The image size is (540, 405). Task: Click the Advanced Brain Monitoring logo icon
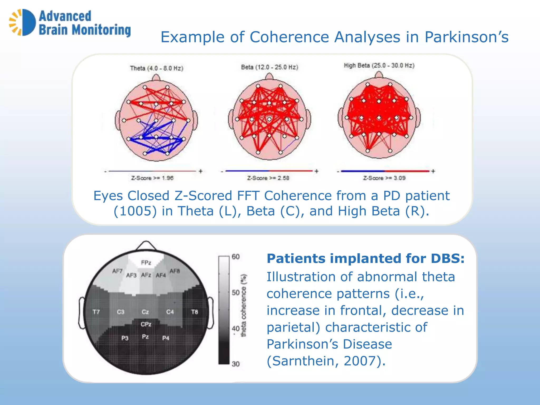coord(22,22)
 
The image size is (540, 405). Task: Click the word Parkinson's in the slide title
coord(466,37)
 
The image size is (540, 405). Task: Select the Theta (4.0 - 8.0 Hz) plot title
coord(157,68)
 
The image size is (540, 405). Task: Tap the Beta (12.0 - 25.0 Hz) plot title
coord(269,67)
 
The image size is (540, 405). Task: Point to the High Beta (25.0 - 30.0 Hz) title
coord(379,65)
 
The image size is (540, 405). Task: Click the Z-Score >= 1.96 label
coord(152,178)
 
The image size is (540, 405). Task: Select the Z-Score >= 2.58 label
coord(268,178)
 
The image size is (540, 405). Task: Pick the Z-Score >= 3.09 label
coord(384,178)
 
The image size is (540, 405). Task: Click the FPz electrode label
coord(146,263)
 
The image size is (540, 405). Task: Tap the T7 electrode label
coord(96,312)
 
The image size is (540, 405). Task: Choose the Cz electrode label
coord(145,312)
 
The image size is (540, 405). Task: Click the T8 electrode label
coord(195,312)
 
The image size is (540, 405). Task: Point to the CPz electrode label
coord(146,324)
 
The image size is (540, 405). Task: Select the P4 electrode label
coord(166,338)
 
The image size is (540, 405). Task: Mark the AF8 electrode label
coord(175,271)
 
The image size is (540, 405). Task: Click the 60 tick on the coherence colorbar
coord(235,257)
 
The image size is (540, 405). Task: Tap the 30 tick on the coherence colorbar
coord(235,364)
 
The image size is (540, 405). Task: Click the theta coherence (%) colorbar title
coord(244,305)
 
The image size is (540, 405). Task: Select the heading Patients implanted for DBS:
coord(365,258)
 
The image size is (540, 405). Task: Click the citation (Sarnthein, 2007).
coord(326,361)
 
